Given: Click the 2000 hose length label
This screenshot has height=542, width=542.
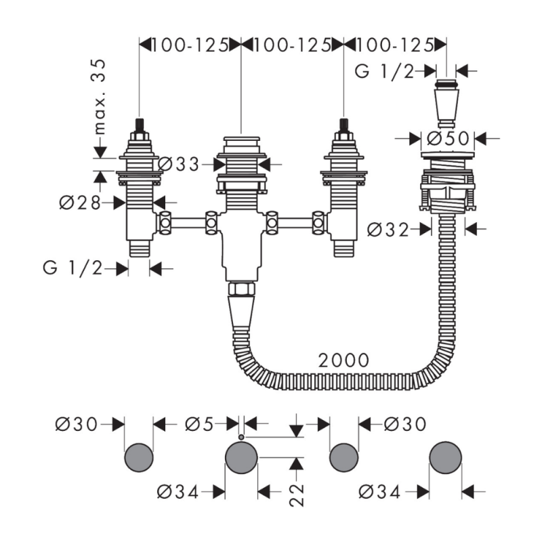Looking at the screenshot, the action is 343,360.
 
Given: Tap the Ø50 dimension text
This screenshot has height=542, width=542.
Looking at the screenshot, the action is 448,139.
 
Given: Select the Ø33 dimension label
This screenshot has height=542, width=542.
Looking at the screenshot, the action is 178,164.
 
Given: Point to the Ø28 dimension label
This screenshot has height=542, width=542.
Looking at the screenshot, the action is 80,203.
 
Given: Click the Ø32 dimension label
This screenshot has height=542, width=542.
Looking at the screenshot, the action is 388,230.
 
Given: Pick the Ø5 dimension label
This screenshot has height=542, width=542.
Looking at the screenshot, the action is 199,424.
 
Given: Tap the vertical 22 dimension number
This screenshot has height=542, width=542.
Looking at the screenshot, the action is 297,495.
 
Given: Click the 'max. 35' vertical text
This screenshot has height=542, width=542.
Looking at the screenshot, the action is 100,97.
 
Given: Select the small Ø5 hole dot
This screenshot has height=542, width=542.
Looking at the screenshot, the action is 241,437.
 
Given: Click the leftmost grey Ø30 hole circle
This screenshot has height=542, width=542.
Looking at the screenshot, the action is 139,457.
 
